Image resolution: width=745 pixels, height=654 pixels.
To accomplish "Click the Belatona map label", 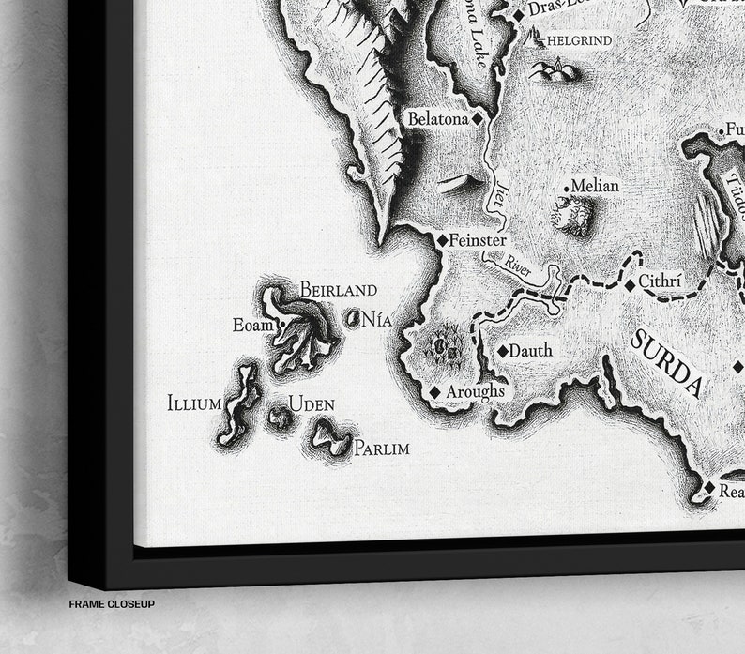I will tap(437, 119).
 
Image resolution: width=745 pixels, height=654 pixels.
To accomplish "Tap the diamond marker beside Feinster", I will tap(442, 240).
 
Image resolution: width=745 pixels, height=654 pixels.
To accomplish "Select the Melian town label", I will tap(595, 186).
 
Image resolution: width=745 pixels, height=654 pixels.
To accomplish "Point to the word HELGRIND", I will tap(579, 40).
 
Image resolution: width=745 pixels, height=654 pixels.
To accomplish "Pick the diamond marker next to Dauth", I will tap(503, 351).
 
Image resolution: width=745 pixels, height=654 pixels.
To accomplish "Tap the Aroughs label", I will tap(475, 390).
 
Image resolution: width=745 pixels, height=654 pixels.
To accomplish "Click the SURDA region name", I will tap(667, 362).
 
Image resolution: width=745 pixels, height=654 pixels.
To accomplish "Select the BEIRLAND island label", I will tap(338, 290).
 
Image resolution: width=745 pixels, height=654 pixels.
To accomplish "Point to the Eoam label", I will tap(251, 326).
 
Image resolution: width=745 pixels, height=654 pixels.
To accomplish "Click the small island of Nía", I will tap(355, 319).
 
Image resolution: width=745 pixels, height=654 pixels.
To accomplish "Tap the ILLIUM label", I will tap(194, 404).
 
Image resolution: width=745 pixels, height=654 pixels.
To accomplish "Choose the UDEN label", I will tap(312, 404).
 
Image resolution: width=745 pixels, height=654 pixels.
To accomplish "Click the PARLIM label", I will tap(381, 449).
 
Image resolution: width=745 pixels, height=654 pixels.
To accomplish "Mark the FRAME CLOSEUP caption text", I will tap(111, 604).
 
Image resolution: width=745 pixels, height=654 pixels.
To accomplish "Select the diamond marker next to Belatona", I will tap(477, 119).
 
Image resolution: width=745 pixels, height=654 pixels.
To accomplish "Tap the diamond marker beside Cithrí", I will tap(629, 283).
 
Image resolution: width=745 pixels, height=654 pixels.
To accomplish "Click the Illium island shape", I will tap(238, 405).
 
